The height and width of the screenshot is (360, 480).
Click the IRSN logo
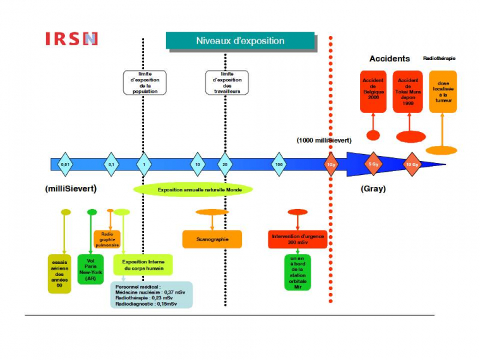coord(71,39)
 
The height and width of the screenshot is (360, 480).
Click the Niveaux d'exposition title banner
coord(240,41)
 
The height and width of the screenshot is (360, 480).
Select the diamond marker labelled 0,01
coord(64,164)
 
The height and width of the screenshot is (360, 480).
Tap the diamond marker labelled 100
coord(279,164)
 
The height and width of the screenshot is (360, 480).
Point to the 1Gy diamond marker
coord(330,164)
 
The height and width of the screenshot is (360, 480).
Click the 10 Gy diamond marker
coord(412,164)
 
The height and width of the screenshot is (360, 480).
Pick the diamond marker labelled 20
coord(224,164)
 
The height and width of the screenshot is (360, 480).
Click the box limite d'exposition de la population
coord(145,83)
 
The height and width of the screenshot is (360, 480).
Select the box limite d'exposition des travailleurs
coord(227,83)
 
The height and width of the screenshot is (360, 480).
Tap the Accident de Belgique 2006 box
coord(373,92)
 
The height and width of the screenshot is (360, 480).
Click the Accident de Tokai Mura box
coord(409,92)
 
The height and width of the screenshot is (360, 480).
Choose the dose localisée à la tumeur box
coord(443,92)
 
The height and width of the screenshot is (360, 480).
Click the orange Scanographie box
coord(212,239)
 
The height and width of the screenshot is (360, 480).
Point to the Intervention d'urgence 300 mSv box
coord(297,239)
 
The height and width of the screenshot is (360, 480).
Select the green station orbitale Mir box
coord(297,273)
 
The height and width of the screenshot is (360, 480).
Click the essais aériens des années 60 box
coord(60,273)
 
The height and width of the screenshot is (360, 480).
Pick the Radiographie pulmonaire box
coord(107,239)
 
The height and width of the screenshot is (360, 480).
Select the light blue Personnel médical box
coord(152,295)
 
